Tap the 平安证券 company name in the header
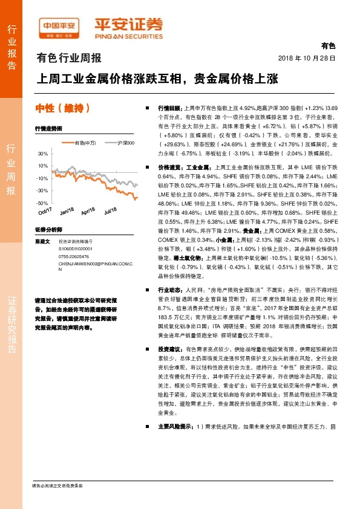coord(128,26)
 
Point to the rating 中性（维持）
coord(64,109)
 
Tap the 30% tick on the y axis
coord(42,154)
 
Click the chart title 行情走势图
coord(49,129)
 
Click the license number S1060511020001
coord(76,248)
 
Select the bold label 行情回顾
coord(170,106)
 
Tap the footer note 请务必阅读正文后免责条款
coord(57,486)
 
